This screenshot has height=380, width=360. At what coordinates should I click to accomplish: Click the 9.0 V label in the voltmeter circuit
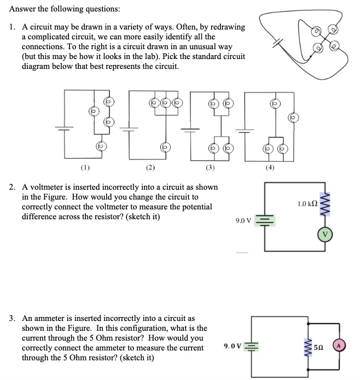pos(243,221)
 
